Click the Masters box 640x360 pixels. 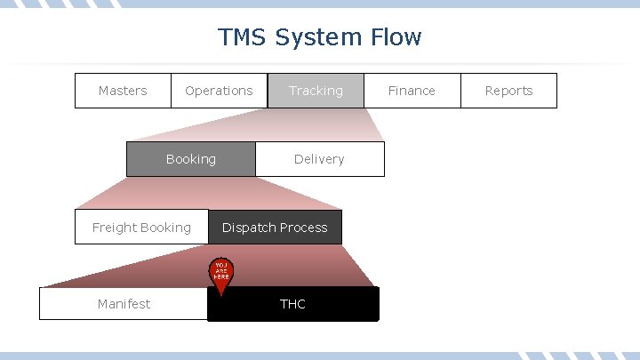point(123,91)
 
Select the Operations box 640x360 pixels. point(219,91)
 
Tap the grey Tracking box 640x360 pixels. point(316,91)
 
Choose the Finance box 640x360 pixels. point(412,91)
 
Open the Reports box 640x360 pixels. point(508,91)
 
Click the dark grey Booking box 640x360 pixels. point(190,159)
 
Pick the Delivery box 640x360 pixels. point(319,159)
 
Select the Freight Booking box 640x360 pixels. point(141,228)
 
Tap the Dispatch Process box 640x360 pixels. point(275,228)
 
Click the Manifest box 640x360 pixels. point(124,304)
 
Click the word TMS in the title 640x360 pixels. point(243,37)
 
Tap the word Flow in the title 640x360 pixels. point(396,37)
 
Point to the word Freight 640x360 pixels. point(115,228)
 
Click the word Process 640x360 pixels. point(306,228)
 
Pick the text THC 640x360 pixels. point(292,304)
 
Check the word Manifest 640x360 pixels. point(124,304)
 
